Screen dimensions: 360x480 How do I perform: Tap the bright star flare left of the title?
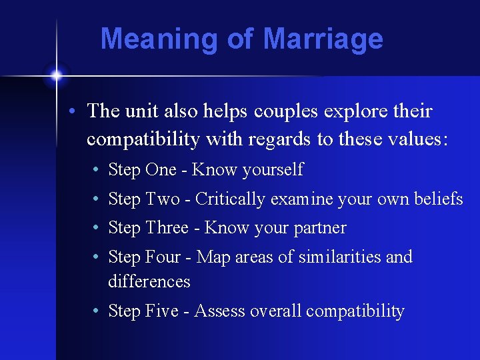56,75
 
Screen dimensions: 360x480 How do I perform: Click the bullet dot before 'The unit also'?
77,112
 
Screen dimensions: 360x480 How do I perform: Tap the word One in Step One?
160,170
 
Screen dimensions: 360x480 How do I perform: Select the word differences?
149,282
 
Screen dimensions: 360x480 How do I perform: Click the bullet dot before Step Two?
97,199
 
